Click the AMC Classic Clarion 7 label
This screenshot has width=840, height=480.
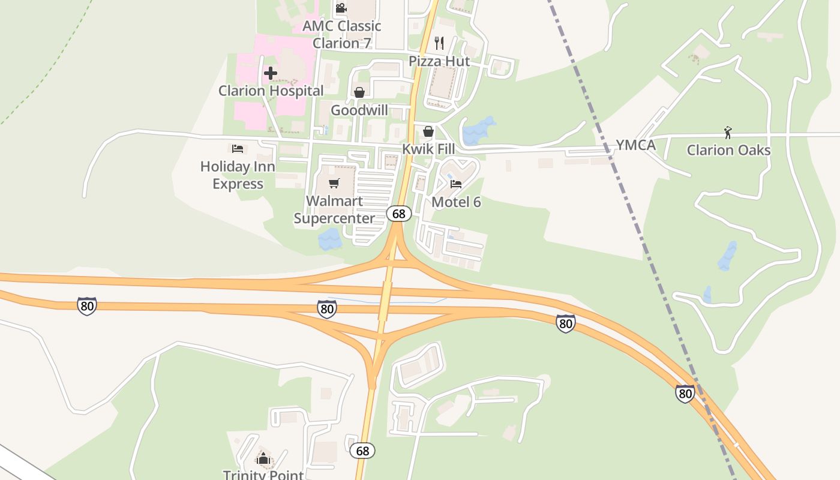(342, 34)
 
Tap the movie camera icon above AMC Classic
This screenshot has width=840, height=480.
(341, 8)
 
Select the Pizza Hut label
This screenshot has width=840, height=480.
(439, 61)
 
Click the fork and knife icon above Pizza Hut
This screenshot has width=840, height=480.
(439, 43)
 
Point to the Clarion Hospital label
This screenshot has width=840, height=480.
(271, 91)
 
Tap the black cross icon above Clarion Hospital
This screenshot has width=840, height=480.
(271, 73)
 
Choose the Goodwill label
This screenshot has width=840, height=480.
(359, 110)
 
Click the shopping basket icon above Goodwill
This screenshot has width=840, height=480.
(359, 92)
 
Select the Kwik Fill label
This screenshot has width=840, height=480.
(428, 148)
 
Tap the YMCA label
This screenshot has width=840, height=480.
(635, 145)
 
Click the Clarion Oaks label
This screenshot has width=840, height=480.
(728, 149)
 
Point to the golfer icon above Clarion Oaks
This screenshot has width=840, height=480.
(728, 132)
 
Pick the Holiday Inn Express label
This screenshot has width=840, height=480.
(238, 175)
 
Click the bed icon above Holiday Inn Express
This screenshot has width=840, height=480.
(238, 148)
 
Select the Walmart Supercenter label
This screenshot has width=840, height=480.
(334, 209)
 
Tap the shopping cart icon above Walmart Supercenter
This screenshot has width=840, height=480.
(334, 183)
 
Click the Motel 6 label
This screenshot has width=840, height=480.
(456, 202)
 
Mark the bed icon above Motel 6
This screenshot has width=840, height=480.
(456, 184)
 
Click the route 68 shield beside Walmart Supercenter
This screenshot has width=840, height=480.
(398, 214)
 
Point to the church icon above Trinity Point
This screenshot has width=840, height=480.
(263, 459)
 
